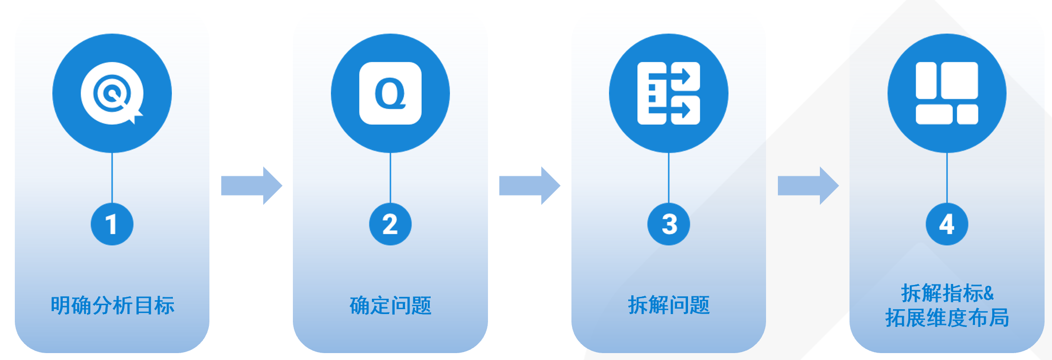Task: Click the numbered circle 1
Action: click(112, 224)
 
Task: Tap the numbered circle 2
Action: click(390, 224)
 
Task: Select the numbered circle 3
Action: click(669, 224)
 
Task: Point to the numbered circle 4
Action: click(947, 224)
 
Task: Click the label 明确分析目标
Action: click(112, 306)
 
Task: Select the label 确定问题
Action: click(390, 306)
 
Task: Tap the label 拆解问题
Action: click(669, 306)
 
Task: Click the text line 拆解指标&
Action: click(947, 293)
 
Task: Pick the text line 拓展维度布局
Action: click(947, 318)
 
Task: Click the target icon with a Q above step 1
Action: click(112, 93)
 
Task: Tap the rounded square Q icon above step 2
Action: click(390, 93)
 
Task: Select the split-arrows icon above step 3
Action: click(669, 93)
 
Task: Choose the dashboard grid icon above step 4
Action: click(947, 93)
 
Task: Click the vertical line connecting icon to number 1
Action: click(112, 178)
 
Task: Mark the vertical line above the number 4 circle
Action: click(947, 178)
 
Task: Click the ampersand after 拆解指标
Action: click(988, 294)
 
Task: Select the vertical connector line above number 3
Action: click(669, 178)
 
